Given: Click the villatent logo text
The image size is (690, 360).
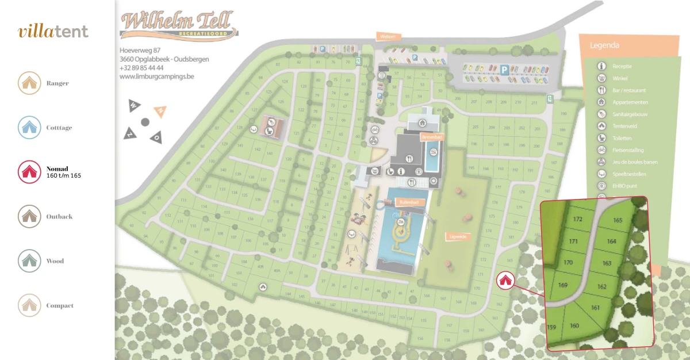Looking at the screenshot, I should click(53, 31).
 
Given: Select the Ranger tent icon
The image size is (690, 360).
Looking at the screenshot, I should click(29, 83).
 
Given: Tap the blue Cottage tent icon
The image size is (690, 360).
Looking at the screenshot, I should click(29, 128).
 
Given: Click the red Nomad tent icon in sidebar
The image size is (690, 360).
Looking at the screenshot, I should click(29, 172).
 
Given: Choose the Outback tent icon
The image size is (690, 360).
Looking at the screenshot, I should click(29, 217).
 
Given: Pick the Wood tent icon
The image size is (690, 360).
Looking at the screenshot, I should click(29, 261).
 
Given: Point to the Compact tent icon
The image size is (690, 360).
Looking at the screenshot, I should click(29, 306).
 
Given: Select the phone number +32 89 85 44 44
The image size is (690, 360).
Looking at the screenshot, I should click(141, 67).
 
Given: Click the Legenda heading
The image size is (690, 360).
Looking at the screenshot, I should click(604, 45).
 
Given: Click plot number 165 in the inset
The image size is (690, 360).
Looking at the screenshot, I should click(618, 220).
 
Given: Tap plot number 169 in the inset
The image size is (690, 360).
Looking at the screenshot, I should click(563, 285).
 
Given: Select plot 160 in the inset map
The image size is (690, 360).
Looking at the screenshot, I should click(574, 325).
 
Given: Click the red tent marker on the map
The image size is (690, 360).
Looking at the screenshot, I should click(505, 280).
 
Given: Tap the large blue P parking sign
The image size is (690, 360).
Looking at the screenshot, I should click(504, 70).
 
